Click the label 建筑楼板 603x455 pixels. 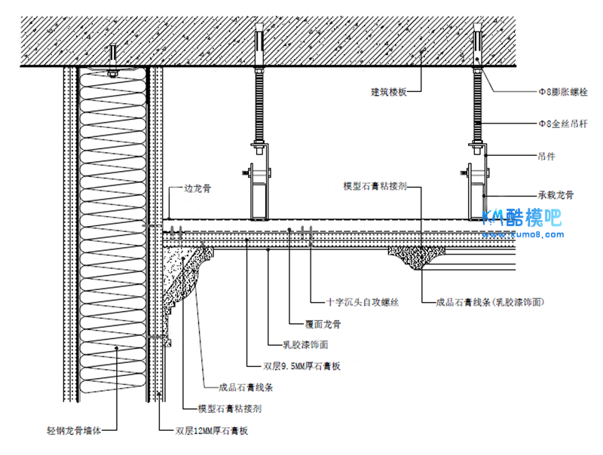point(389,92)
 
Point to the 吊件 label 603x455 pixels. point(547,157)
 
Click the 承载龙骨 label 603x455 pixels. point(556,194)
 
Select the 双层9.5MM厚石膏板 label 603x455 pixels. point(300,367)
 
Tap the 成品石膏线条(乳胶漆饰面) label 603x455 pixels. point(490,303)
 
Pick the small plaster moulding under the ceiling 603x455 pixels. point(415,257)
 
